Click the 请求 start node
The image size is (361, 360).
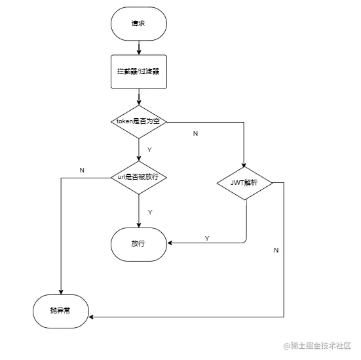(x=139, y=24)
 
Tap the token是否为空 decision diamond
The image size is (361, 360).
(x=139, y=121)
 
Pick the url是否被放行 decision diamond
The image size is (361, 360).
(x=139, y=178)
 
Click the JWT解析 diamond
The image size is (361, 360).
(x=244, y=183)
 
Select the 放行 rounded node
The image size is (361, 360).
(x=139, y=243)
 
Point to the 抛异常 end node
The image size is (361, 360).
(x=60, y=311)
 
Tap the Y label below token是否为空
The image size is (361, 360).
(x=149, y=150)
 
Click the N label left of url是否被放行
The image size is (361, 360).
(x=82, y=170)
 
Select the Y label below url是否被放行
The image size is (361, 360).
(x=150, y=212)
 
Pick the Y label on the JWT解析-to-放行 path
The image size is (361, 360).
(x=207, y=237)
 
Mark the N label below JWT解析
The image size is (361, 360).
(x=276, y=250)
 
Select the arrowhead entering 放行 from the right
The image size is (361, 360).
(x=170, y=243)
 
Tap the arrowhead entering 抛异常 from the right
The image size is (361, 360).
(x=91, y=317)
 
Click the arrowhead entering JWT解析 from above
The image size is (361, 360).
(x=244, y=166)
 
